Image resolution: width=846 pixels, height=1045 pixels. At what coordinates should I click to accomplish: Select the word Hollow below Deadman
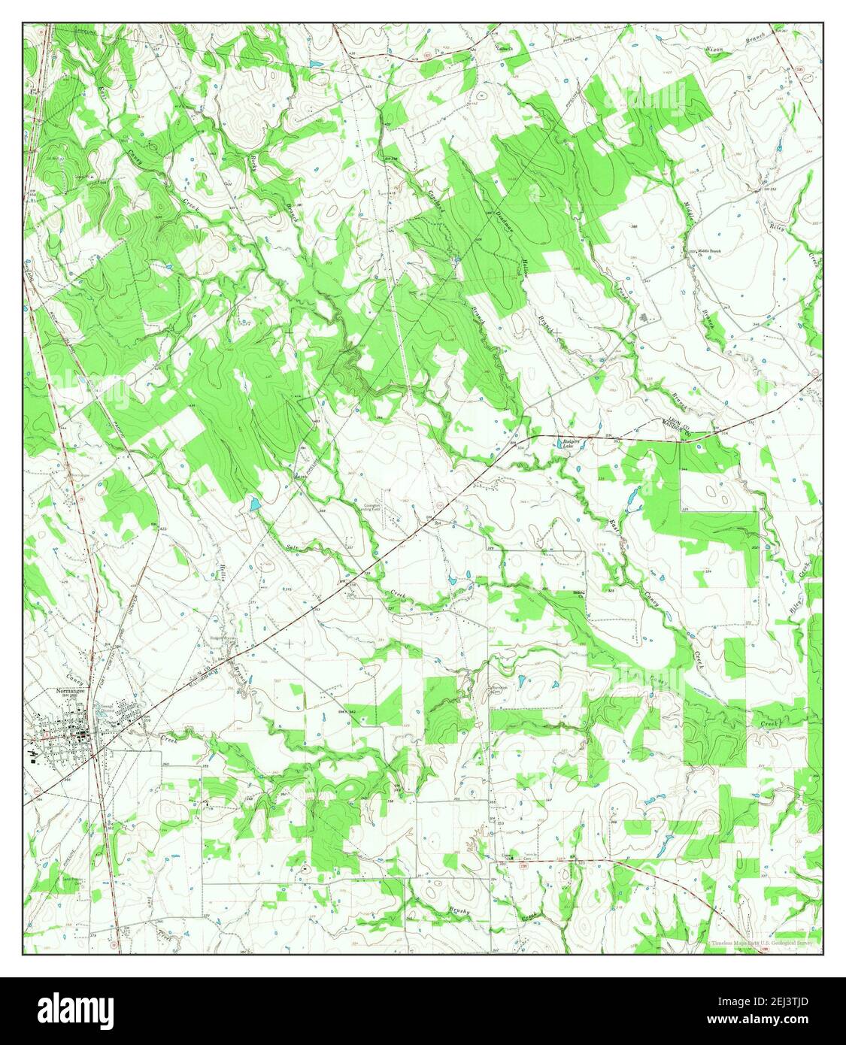click(x=523, y=271)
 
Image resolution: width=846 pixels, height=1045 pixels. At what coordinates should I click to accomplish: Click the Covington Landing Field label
click(x=381, y=508)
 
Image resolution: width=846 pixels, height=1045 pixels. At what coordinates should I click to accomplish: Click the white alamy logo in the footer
click(x=77, y=1009)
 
